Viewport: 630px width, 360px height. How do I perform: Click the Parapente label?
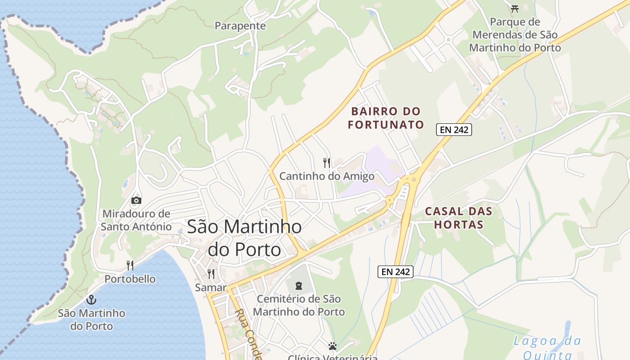pos(240,26)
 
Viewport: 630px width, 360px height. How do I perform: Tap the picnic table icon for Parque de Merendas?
pos(515,8)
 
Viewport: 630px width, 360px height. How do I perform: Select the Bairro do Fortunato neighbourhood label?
pos(386,118)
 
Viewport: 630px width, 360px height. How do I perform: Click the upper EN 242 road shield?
pos(454,130)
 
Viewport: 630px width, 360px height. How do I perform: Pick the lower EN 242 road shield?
pos(395,272)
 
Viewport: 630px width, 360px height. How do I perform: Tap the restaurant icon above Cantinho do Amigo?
pos(327,162)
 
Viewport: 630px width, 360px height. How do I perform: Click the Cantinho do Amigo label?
pos(327,176)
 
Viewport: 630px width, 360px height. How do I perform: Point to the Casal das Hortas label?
pos(459,218)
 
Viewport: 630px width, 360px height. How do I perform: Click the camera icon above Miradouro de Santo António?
pos(136,200)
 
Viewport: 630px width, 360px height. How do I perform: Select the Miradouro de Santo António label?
pos(136,220)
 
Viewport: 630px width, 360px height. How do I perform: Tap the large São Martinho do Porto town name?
pos(244,238)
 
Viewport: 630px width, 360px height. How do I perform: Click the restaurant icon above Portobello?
pos(130,265)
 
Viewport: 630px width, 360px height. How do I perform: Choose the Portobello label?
pos(130,279)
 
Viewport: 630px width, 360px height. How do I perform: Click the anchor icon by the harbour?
pos(91,299)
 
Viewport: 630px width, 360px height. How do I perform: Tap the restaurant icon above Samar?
pos(211,274)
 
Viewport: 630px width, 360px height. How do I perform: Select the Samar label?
pos(211,287)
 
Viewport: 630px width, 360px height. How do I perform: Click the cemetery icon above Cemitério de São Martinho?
pos(298,285)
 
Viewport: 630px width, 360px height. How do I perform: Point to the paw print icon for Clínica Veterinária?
pos(332,346)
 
